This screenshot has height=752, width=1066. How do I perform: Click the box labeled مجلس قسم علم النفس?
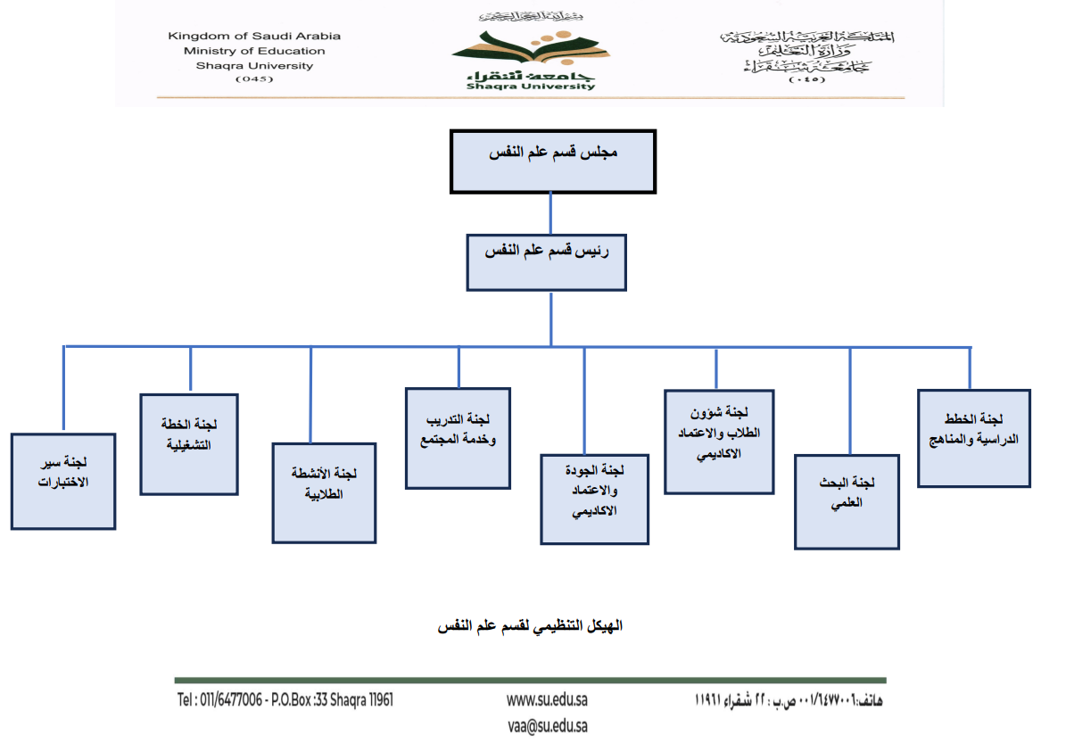tap(553, 161)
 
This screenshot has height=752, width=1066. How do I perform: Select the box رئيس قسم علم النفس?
tap(546, 262)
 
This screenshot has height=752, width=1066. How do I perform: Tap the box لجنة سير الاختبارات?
tap(63, 482)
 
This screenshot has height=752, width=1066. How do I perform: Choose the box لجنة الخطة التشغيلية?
tap(189, 443)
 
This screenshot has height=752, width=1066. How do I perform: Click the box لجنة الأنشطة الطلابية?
tap(324, 492)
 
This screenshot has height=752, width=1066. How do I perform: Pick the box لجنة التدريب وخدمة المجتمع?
tap(458, 438)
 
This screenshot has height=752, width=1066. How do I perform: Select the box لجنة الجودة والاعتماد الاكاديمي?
tap(594, 500)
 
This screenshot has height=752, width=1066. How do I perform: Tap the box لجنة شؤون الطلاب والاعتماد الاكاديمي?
tap(718, 442)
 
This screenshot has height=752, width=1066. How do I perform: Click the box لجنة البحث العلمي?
tap(847, 502)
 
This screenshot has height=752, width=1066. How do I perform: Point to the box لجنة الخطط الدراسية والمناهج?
tap(973, 438)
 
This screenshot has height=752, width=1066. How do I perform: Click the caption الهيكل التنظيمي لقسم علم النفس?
tap(530, 627)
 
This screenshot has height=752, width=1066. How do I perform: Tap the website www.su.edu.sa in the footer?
tap(547, 699)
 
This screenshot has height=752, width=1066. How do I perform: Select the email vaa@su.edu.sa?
tap(547, 726)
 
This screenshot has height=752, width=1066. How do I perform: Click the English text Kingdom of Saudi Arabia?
tap(254, 37)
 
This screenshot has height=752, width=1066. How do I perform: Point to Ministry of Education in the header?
tap(254, 51)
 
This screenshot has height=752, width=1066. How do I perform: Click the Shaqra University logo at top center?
tap(523, 54)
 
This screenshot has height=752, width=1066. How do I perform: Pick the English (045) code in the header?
tap(254, 79)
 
